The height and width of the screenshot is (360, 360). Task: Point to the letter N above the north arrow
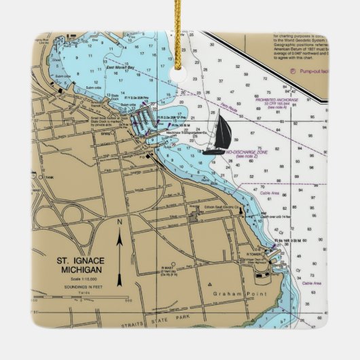(119, 223)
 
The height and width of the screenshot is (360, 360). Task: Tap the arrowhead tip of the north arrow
(119, 233)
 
